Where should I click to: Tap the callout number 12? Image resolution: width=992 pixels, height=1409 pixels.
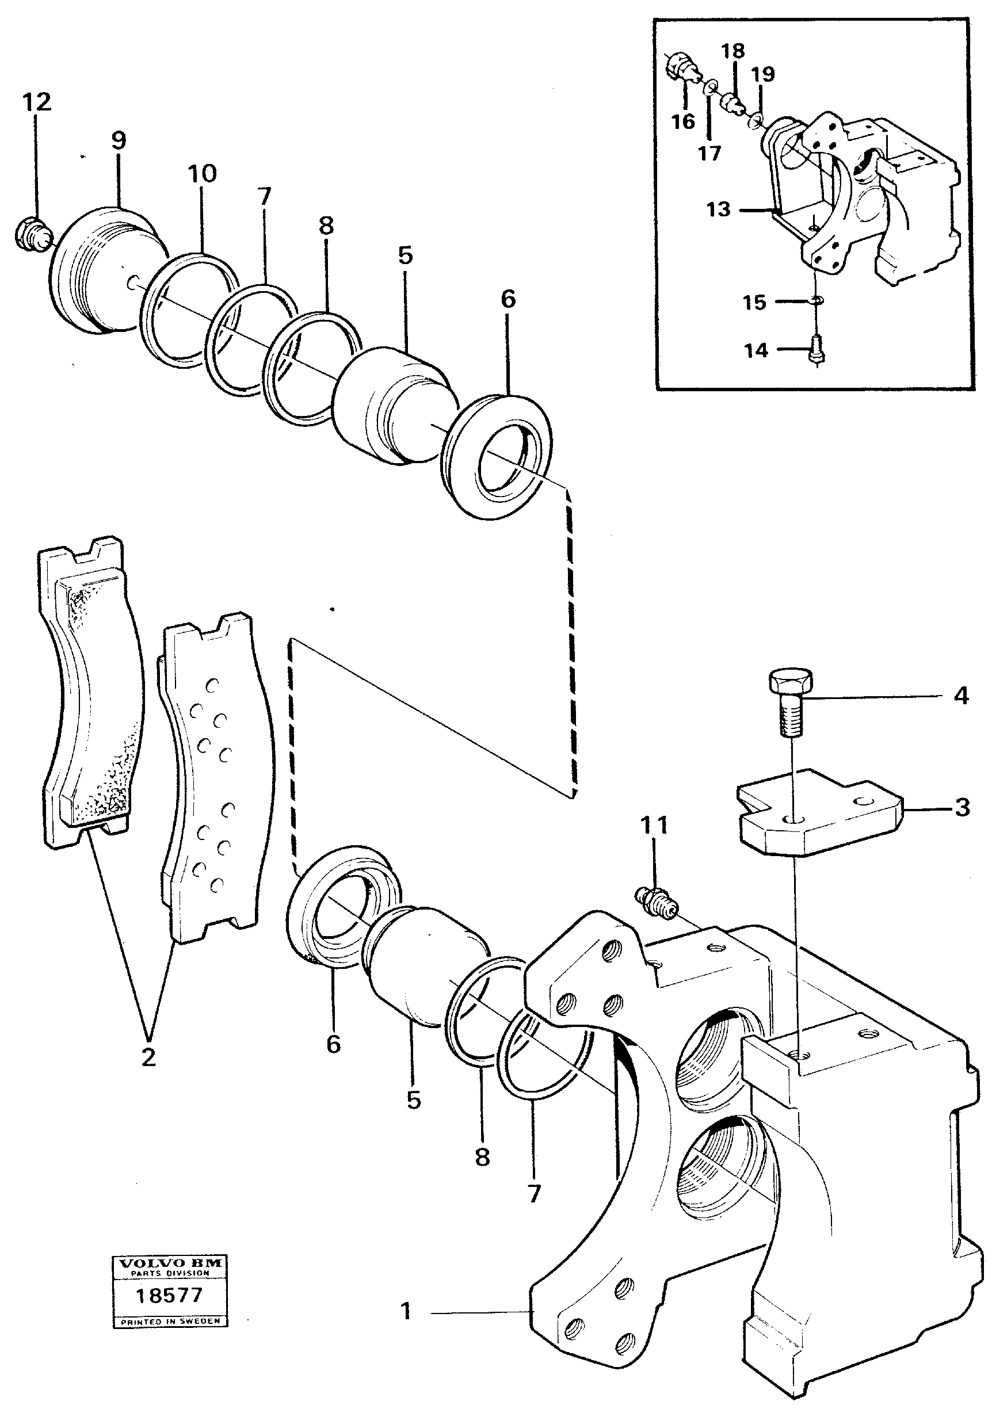pos(37,102)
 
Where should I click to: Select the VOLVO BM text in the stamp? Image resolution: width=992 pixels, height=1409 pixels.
pos(169,1263)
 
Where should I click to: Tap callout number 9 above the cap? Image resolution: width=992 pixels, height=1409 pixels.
pos(119,140)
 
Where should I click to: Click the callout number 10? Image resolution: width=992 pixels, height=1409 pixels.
pos(202,174)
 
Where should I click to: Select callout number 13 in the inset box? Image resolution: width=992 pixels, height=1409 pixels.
pos(719,209)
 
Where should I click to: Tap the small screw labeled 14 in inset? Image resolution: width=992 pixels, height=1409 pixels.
pos(817,350)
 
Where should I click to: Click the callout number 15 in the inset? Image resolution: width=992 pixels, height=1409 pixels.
pos(754,302)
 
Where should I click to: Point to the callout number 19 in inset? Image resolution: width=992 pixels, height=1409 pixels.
pos(763,74)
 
